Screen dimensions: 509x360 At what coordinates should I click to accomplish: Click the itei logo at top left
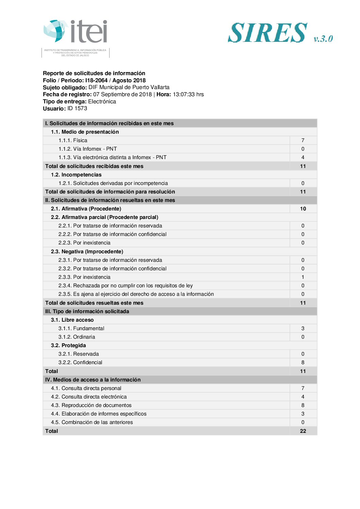[x=76, y=32]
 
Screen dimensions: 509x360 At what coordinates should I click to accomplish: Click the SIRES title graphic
[x=268, y=33]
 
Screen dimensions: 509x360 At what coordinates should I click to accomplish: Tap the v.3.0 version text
[x=323, y=38]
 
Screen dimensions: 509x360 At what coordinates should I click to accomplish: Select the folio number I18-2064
[x=96, y=81]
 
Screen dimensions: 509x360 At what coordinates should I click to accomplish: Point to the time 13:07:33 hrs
[x=188, y=95]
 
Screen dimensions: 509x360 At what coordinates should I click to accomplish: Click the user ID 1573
[x=77, y=108]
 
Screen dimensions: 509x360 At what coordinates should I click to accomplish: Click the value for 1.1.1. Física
[x=303, y=140]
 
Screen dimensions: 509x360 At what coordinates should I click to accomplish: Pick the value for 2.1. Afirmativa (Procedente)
[x=303, y=209]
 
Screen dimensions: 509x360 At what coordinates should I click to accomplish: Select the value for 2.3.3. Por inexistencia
[x=303, y=277]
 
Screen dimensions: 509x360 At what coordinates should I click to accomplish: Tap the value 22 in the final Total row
[x=303, y=431]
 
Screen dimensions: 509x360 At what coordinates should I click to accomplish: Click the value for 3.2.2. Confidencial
[x=303, y=362]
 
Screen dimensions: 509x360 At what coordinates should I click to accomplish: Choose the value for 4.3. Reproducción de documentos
[x=303, y=405]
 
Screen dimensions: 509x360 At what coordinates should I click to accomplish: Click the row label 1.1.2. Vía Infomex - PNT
[x=87, y=149]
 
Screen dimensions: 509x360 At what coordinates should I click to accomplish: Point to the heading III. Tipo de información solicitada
[x=87, y=311]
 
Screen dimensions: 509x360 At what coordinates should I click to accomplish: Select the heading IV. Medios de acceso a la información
[x=93, y=380]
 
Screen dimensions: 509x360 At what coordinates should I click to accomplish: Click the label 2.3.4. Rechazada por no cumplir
[x=126, y=286]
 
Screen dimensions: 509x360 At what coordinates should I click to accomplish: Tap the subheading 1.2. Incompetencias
[x=76, y=175]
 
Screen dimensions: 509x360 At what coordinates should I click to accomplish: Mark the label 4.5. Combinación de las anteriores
[x=92, y=422]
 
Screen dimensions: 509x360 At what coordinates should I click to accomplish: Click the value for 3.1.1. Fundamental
[x=303, y=328]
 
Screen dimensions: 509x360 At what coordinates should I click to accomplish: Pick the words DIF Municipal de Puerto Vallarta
[x=129, y=87]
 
